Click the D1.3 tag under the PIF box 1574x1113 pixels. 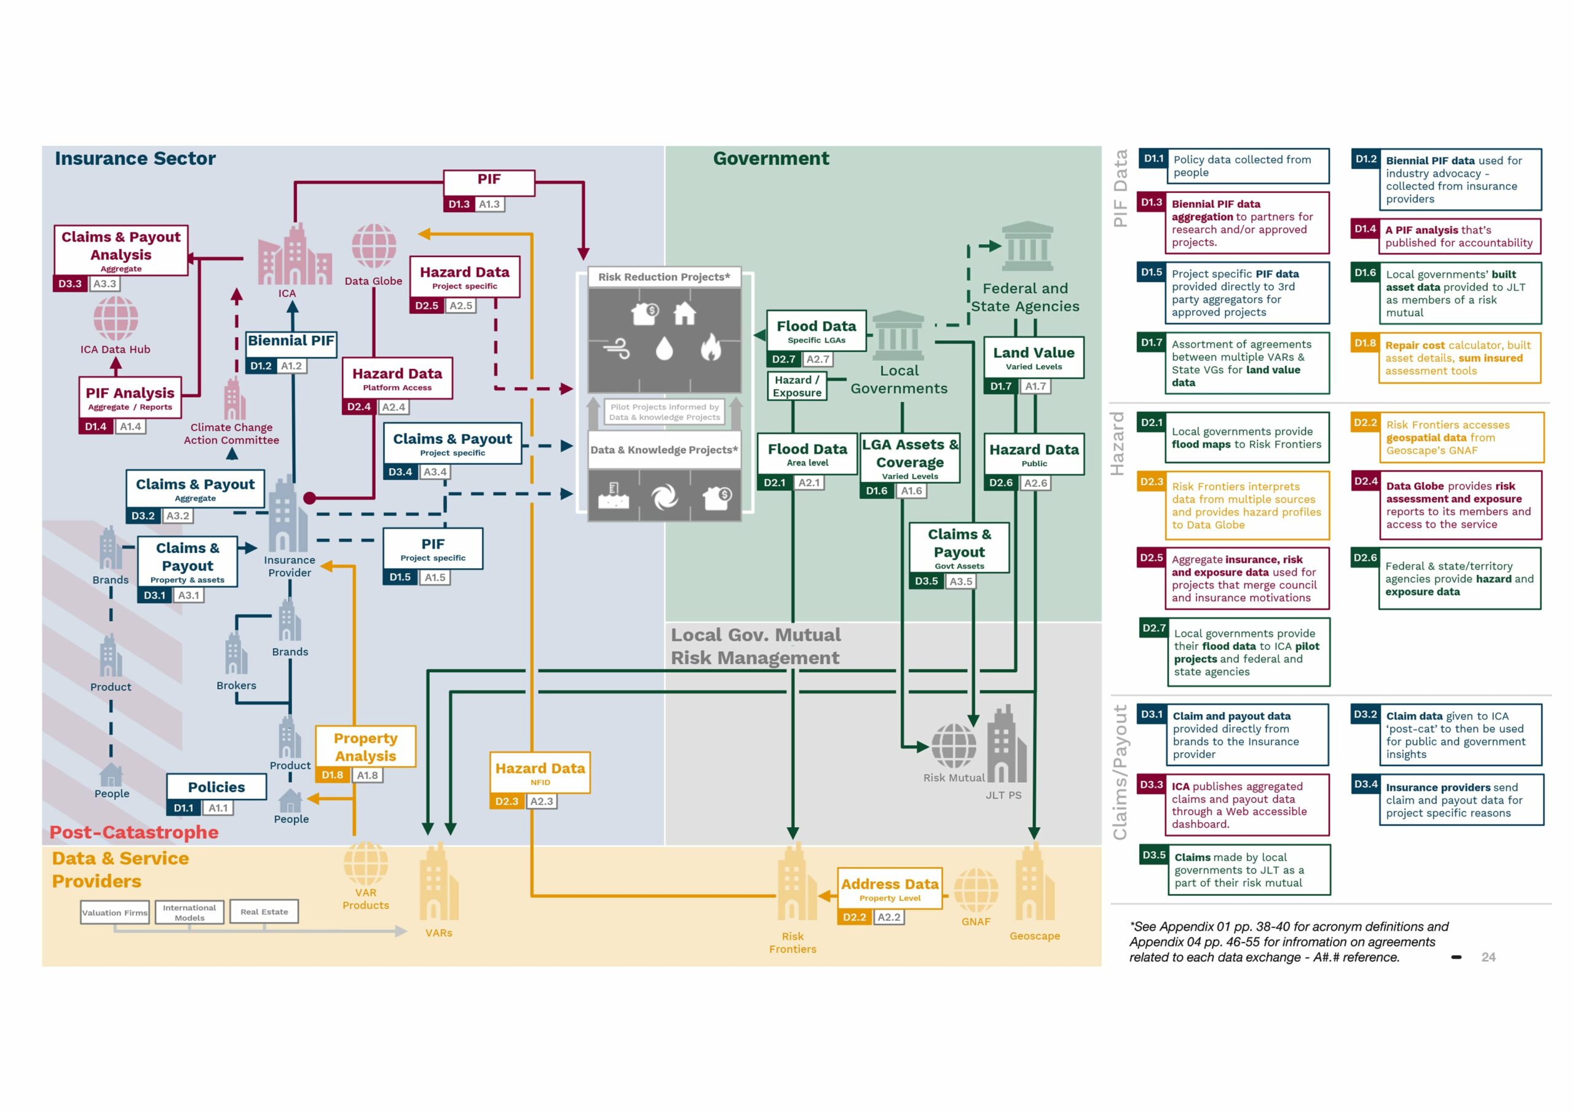click(x=459, y=204)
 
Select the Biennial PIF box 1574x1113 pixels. click(x=291, y=341)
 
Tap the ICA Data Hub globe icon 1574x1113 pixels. click(x=116, y=318)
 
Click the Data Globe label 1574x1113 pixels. click(x=373, y=281)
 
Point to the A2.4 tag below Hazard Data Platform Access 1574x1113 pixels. click(x=393, y=407)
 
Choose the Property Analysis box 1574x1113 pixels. click(x=365, y=747)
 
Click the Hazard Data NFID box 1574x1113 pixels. click(x=540, y=773)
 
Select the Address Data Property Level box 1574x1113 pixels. click(x=890, y=889)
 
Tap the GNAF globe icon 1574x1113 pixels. click(x=976, y=891)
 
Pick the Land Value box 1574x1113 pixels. click(x=1034, y=357)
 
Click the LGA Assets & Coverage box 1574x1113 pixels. click(x=910, y=458)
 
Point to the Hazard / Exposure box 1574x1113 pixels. click(x=797, y=386)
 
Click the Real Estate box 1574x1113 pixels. click(x=264, y=912)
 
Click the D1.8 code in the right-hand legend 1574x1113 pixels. click(x=1365, y=344)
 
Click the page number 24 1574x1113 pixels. click(x=1489, y=957)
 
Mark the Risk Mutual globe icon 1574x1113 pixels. click(x=954, y=747)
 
